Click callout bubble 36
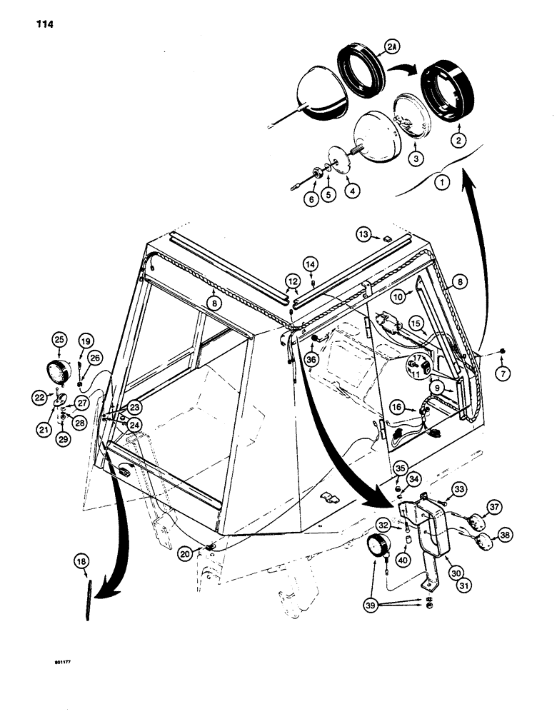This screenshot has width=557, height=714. pos(311,360)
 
